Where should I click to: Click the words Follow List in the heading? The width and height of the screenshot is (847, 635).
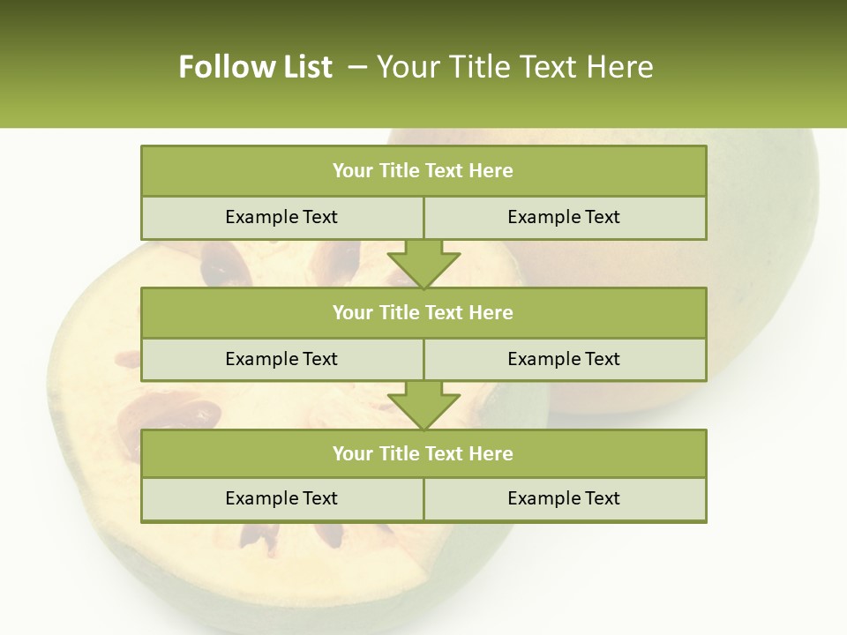coord(255,67)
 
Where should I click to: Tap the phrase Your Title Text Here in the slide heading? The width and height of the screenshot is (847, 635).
coord(514,67)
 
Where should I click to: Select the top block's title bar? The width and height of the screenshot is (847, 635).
coord(423,171)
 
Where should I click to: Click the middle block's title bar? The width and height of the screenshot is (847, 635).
coord(423,312)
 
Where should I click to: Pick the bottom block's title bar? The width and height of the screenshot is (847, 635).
coord(423,453)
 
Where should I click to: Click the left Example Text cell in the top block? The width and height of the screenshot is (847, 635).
coord(281,217)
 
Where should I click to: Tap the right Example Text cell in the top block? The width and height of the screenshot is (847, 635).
coord(564,217)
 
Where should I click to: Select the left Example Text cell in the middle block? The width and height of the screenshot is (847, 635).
coord(281,359)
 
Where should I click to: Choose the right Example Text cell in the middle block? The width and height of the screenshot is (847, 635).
coord(564,359)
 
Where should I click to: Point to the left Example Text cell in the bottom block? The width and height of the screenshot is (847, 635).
coord(281,498)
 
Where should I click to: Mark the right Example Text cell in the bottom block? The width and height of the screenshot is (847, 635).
coord(564,498)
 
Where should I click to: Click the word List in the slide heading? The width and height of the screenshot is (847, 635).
coord(305,67)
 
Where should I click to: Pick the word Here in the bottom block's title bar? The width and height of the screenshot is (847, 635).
coord(491,453)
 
